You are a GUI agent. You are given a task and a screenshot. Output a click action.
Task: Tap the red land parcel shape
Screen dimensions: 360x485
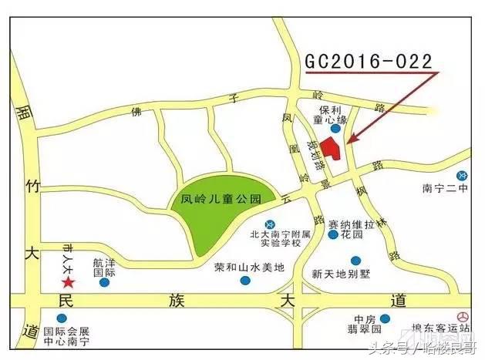(x=331, y=147)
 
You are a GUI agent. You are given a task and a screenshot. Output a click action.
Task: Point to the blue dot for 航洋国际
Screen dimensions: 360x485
(x=104, y=282)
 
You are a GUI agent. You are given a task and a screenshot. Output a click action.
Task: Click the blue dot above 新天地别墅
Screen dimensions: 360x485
(x=355, y=261)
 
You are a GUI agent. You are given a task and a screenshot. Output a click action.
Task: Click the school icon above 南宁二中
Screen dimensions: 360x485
(x=461, y=175)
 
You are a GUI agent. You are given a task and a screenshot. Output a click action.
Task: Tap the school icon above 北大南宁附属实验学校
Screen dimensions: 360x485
(x=268, y=224)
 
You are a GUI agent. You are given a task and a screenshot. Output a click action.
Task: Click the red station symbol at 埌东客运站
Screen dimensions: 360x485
(x=462, y=317)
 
